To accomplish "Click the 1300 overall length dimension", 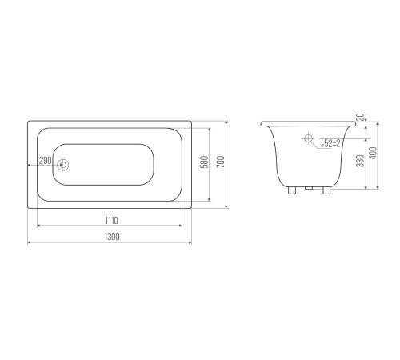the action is [112, 237].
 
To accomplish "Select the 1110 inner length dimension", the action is [111, 221].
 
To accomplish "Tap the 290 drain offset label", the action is [46, 161].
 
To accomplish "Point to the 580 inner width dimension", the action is [204, 162].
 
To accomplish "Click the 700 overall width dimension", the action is [221, 162].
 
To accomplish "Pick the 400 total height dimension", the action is [374, 154].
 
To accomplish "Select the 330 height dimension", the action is [360, 161].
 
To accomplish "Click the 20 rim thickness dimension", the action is [360, 118].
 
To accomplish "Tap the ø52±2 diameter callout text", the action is [330, 144].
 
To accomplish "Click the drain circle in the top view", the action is [63, 165].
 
